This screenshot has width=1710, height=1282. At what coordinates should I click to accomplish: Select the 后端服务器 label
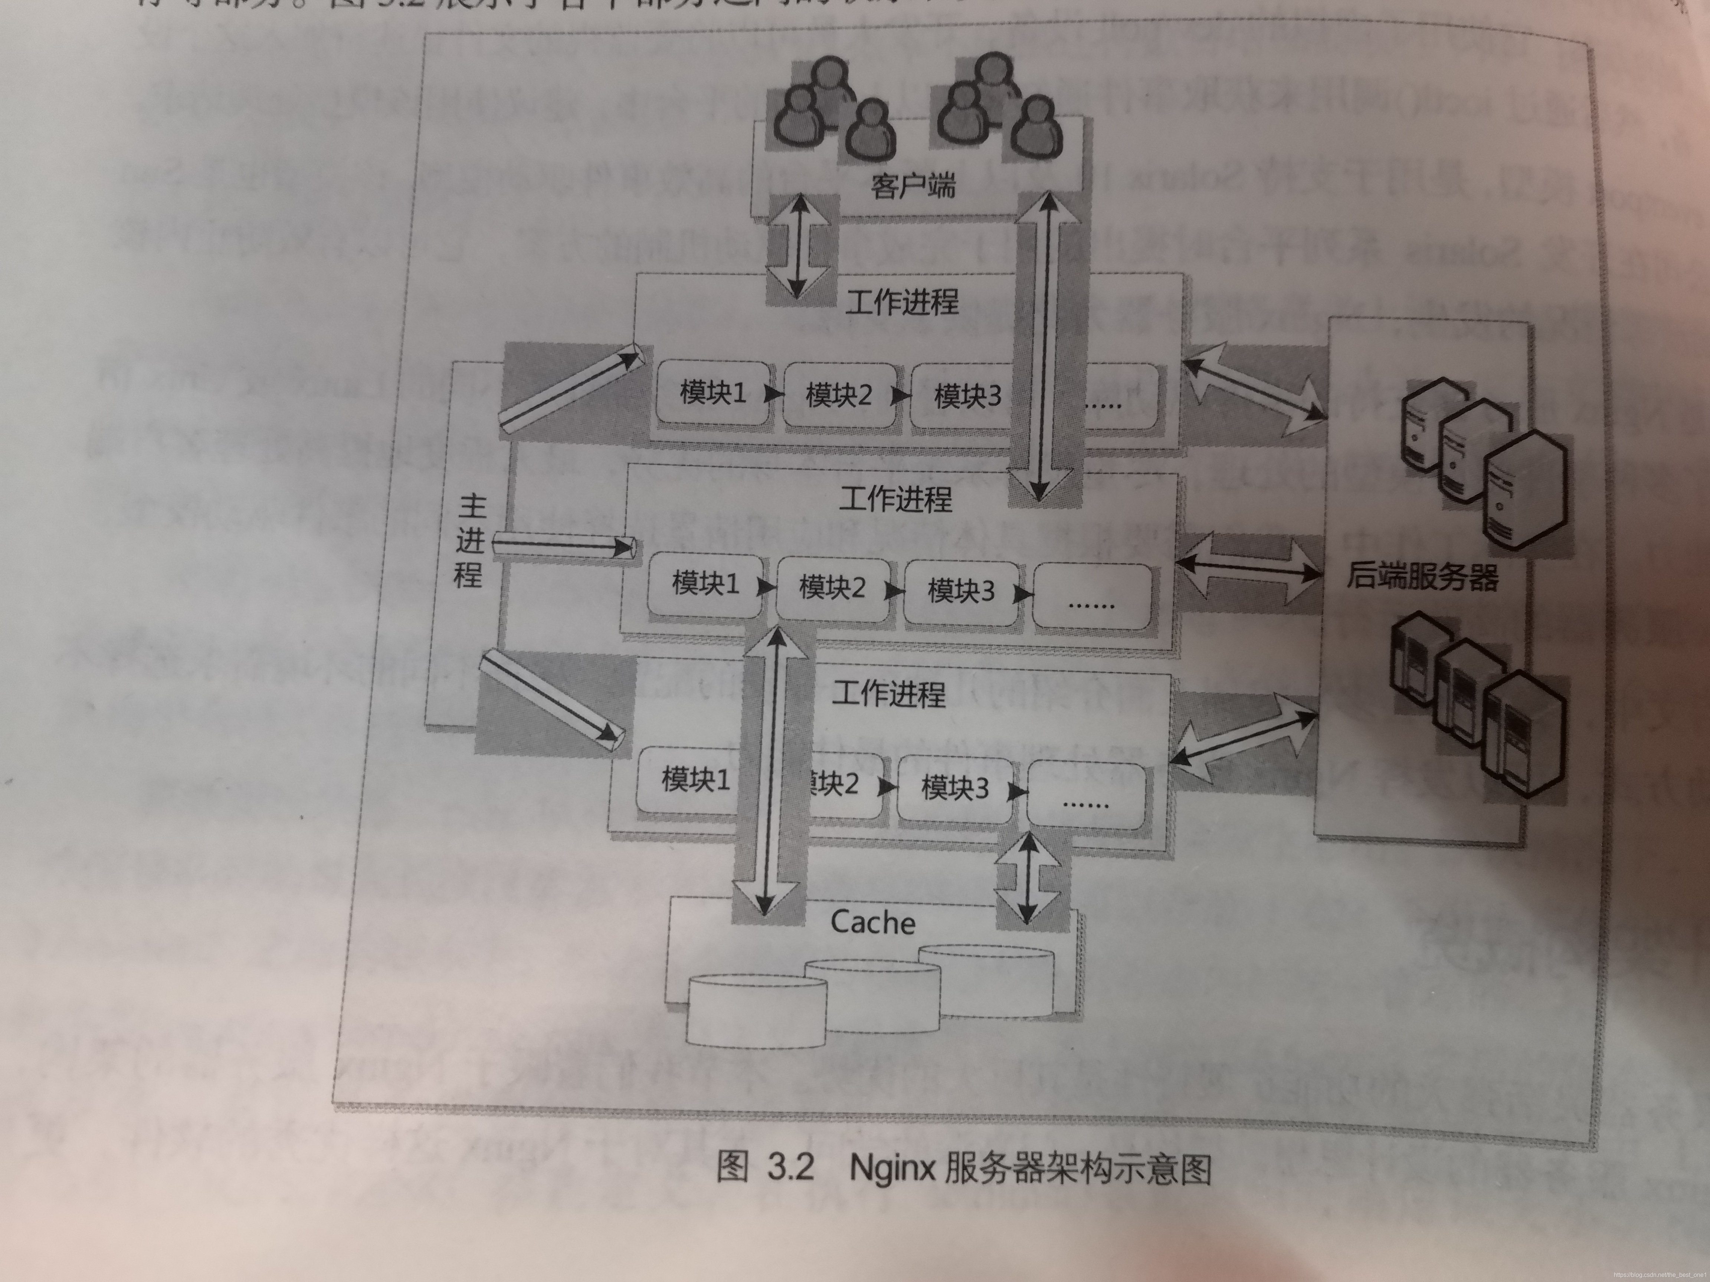(x=1422, y=576)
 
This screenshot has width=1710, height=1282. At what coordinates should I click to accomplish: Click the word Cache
(x=873, y=922)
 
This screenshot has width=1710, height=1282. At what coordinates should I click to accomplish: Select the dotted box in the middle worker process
(x=1091, y=595)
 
